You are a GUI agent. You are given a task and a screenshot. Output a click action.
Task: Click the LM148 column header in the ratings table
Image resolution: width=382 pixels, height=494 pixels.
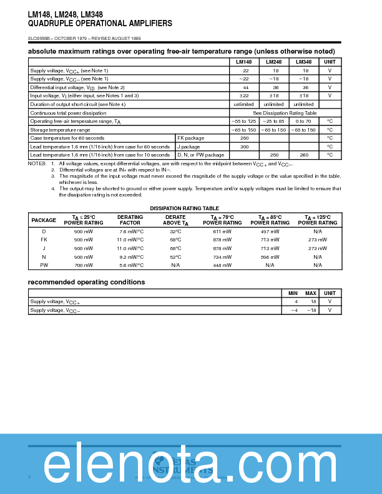pos(243,62)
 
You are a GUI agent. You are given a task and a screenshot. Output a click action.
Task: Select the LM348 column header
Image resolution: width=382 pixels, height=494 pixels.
pos(303,62)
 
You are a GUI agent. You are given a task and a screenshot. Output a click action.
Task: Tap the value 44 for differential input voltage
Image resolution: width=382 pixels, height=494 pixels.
pos(245,87)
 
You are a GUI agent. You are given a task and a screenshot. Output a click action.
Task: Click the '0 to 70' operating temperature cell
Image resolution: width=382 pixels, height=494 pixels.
pos(303,121)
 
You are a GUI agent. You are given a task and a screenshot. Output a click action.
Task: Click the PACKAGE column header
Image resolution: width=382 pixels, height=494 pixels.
pos(44,220)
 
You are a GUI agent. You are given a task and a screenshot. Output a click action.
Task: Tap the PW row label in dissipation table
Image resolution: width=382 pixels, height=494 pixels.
pos(44,265)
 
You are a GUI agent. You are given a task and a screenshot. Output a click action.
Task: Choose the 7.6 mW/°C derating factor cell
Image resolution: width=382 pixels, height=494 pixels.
pos(130,231)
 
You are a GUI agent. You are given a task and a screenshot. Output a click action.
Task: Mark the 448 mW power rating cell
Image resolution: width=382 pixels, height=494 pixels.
pos(222,265)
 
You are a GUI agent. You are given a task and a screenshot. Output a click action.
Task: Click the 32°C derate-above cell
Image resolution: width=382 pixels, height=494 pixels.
pos(175,231)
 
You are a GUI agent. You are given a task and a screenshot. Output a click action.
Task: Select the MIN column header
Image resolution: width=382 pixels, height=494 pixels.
pos(293,293)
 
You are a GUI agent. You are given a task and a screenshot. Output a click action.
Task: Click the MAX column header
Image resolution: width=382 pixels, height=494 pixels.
pos(310,293)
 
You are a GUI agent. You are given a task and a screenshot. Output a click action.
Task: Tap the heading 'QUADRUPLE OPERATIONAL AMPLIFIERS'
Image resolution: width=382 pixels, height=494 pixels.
pos(91,23)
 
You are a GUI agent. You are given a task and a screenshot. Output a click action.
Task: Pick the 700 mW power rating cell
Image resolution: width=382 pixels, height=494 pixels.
pos(84,265)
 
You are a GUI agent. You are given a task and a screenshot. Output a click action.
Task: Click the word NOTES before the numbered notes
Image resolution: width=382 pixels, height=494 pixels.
pos(37,163)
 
